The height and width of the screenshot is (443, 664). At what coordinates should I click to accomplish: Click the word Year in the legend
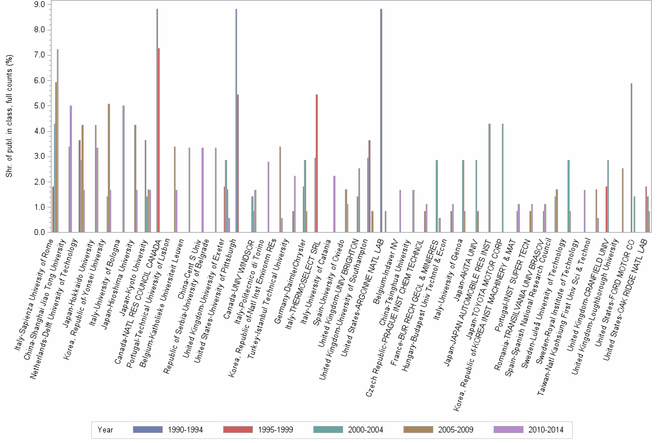105,430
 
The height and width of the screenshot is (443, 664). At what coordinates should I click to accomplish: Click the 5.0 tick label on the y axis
39,105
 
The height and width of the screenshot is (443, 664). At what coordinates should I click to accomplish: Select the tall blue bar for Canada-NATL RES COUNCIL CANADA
157,120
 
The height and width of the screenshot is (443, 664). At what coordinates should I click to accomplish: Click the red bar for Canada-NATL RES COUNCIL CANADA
159,141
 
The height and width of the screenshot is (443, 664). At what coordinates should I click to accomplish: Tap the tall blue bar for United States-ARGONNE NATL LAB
381,120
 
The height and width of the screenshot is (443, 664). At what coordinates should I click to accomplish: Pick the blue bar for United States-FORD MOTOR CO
631,158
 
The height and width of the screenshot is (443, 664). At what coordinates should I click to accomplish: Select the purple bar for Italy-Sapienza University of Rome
57,141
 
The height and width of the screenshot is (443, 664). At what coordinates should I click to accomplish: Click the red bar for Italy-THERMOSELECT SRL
317,164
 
